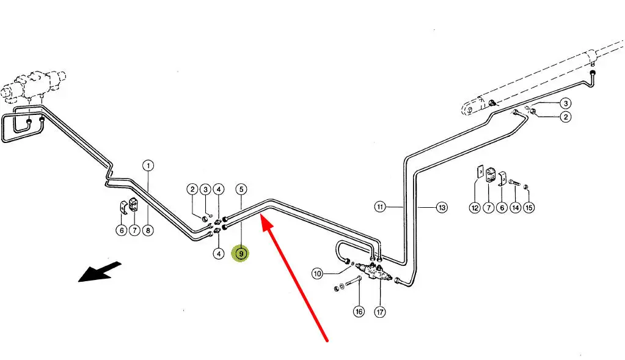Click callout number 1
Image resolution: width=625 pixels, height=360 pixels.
(148, 166)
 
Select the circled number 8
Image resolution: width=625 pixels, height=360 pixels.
(148, 230)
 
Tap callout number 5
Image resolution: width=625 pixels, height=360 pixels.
(241, 189)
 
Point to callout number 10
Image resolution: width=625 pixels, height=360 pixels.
(317, 273)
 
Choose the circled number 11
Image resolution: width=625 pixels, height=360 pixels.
(380, 207)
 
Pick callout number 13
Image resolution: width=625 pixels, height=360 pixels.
(442, 207)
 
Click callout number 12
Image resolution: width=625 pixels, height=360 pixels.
(475, 208)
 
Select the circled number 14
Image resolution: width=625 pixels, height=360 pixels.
(516, 208)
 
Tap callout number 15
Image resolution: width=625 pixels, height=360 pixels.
(529, 208)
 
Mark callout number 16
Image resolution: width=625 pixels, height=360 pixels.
(359, 312)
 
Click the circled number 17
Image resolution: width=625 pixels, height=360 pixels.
(380, 312)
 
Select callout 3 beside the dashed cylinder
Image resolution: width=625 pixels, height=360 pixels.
(566, 103)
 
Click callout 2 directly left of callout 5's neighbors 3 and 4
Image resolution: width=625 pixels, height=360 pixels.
(192, 189)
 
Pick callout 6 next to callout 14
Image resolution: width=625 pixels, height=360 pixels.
(502, 208)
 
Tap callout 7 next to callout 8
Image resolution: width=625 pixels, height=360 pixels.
(134, 230)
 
